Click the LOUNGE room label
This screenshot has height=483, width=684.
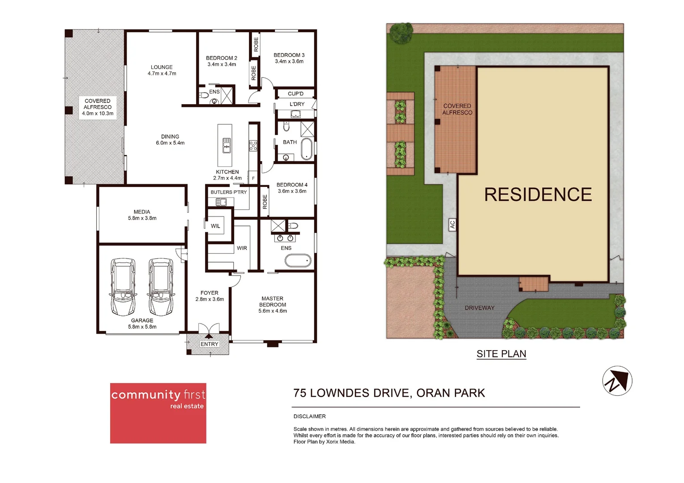(162, 67)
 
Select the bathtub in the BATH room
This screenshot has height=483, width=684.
(307, 149)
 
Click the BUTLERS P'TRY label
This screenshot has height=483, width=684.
(229, 192)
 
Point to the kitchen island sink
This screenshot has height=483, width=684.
(227, 145)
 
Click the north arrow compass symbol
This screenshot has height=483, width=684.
(617, 381)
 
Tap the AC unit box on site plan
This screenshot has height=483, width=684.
(452, 225)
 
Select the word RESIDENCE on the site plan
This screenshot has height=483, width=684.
(538, 195)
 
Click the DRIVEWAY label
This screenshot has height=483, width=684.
(479, 308)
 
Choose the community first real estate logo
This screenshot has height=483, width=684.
(158, 413)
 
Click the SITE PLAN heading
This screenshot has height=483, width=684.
(501, 354)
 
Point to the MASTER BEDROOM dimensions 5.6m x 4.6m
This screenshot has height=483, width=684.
(273, 311)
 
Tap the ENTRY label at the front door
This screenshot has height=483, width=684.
(209, 344)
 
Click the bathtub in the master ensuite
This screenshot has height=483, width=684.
(298, 260)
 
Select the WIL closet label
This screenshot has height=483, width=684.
(215, 226)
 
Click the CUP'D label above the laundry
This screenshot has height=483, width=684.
(295, 93)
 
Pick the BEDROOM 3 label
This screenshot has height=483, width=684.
(289, 55)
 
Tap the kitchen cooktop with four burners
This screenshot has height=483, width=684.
(253, 145)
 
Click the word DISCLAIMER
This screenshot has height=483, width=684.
(309, 416)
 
